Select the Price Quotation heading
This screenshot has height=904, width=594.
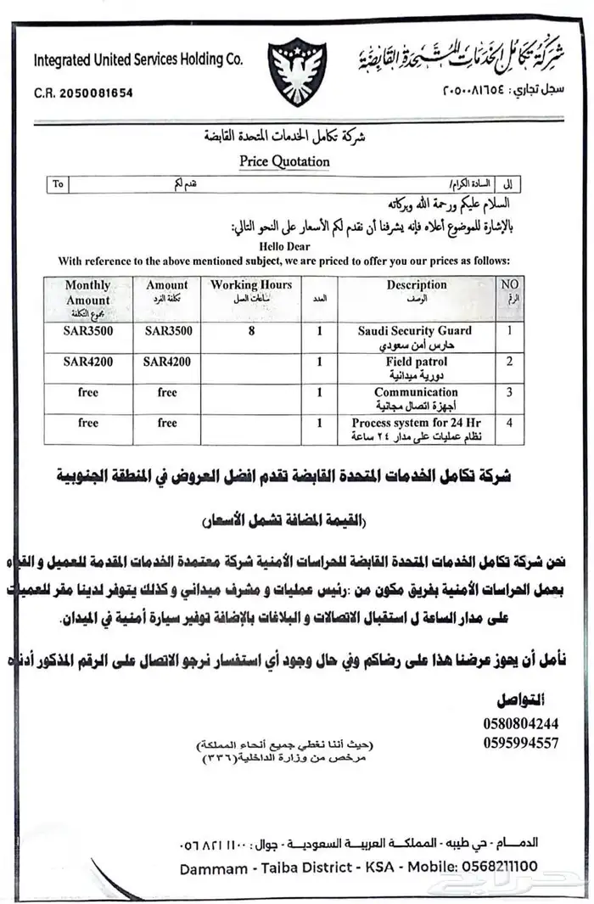point(284,160)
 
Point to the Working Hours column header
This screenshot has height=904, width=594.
point(251,286)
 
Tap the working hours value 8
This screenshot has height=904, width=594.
point(251,331)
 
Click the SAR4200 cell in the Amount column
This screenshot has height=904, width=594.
point(167,362)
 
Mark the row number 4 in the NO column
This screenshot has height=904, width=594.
point(509,422)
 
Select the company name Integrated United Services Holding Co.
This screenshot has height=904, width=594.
point(137,59)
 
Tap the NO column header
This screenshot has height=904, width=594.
point(509,286)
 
